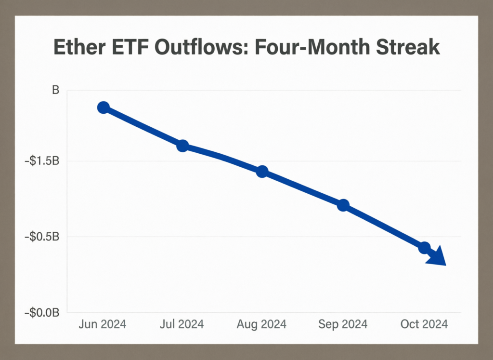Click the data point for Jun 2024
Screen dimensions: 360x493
click(103, 107)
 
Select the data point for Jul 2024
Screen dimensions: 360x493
click(182, 146)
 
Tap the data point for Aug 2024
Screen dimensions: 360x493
click(262, 172)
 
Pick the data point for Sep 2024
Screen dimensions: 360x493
click(343, 205)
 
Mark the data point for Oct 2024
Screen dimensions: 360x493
click(424, 248)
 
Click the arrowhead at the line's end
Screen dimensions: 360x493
click(437, 257)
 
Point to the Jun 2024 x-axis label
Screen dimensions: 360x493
click(102, 324)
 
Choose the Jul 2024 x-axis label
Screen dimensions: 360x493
click(182, 324)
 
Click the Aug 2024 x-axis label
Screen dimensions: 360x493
click(261, 324)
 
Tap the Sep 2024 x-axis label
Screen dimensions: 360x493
click(342, 324)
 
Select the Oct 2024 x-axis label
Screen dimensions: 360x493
click(424, 324)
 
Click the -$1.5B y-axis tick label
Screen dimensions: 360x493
click(42, 161)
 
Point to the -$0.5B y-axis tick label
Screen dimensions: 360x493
click(42, 237)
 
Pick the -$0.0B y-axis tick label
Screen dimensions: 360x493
click(42, 313)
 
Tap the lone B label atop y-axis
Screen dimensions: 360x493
click(55, 90)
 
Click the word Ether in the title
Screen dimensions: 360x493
click(80, 48)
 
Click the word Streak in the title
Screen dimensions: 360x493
click(409, 48)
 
